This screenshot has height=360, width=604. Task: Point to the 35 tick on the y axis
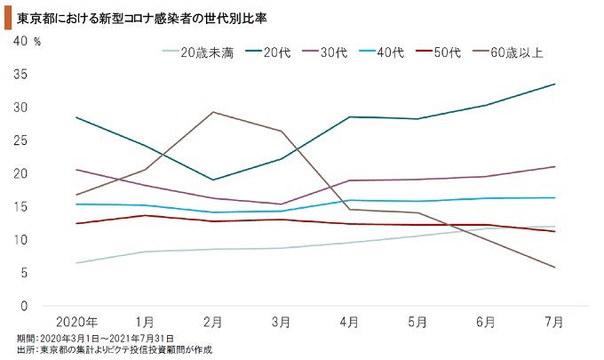tap(21, 75)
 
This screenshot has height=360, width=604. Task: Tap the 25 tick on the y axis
tap(21, 140)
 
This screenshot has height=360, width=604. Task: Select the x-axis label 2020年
tap(77, 320)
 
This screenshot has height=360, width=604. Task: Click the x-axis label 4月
tap(349, 320)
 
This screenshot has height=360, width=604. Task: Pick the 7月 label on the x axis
tap(552, 320)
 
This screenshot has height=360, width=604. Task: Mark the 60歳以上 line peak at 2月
tap(213, 112)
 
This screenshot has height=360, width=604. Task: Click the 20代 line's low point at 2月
tap(213, 180)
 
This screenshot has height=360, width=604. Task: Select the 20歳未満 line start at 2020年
tap(77, 263)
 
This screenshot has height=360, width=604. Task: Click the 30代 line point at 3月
tap(281, 204)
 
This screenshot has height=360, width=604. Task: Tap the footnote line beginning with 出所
tap(115, 350)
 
